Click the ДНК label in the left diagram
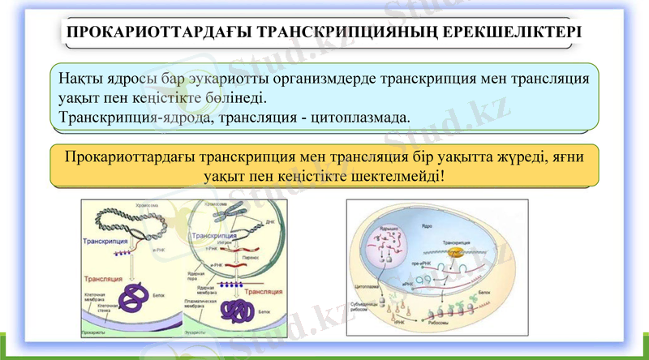(x=262, y=221)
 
